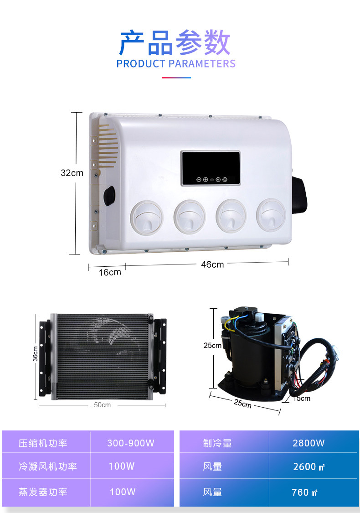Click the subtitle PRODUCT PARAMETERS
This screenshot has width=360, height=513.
click(x=176, y=63)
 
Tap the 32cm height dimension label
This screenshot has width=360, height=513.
click(x=72, y=173)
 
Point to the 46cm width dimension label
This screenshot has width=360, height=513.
click(x=212, y=264)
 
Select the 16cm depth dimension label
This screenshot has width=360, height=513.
click(x=110, y=272)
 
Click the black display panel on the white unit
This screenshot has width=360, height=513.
click(x=211, y=168)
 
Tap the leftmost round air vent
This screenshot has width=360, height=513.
click(x=146, y=217)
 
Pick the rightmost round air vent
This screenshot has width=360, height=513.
click(x=271, y=215)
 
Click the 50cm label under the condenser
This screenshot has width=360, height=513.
click(x=103, y=405)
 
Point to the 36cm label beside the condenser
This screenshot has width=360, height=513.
click(x=35, y=354)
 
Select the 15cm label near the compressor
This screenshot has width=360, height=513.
click(x=302, y=399)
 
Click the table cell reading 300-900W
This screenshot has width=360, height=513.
click(x=131, y=443)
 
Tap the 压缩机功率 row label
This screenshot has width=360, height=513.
click(x=43, y=443)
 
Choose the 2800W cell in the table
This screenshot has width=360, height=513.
click(x=309, y=443)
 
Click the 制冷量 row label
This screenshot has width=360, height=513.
click(x=217, y=443)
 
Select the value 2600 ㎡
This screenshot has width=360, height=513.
click(x=309, y=467)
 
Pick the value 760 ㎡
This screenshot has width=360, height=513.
click(x=304, y=492)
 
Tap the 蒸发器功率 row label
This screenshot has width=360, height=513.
click(x=43, y=492)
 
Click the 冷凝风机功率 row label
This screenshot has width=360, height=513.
click(x=48, y=466)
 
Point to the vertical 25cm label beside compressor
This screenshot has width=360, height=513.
click(x=212, y=346)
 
